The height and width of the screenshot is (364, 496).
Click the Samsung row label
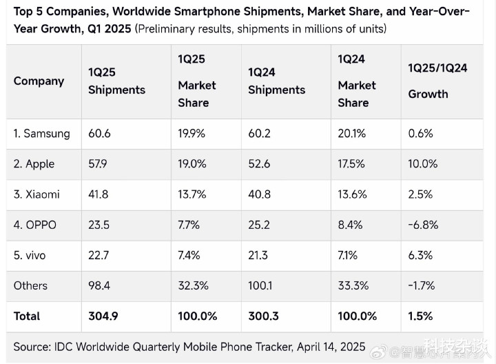(x=41, y=134)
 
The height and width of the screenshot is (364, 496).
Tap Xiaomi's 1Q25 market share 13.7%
(x=192, y=194)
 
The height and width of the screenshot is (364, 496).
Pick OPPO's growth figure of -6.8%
(x=423, y=225)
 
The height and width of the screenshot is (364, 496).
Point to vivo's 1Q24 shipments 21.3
(x=258, y=255)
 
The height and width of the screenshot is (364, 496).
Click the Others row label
(x=30, y=285)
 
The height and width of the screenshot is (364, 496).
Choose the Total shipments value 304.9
(x=103, y=316)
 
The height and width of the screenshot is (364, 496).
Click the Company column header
(x=39, y=81)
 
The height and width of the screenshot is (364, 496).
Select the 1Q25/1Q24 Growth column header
(x=437, y=81)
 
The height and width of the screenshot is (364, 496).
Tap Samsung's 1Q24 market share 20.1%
(x=353, y=134)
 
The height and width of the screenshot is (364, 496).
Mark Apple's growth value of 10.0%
(x=423, y=164)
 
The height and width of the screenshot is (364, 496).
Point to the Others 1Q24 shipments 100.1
(x=260, y=285)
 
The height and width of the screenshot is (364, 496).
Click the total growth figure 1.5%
(x=420, y=316)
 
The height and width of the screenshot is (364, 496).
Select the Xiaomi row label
(x=37, y=194)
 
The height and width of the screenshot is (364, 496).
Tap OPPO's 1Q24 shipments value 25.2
(x=260, y=225)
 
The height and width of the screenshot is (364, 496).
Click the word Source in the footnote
(x=32, y=347)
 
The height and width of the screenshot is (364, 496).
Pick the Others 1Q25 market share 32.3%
(x=193, y=285)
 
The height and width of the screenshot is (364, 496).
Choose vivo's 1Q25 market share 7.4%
(x=189, y=255)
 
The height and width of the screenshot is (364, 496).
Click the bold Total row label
(x=27, y=316)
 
